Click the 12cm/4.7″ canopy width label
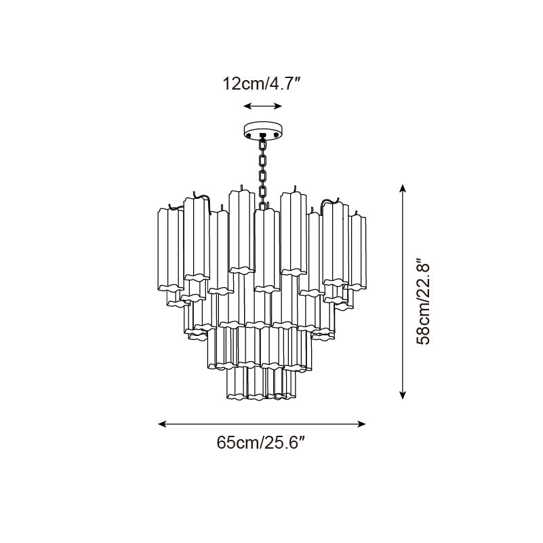[x=262, y=84]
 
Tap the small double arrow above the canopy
[x=263, y=106]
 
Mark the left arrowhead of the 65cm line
[x=162, y=424]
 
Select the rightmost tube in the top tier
[x=357, y=251]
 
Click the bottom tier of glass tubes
[x=262, y=383]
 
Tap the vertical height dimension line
[x=403, y=292]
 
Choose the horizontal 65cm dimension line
[x=262, y=424]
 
